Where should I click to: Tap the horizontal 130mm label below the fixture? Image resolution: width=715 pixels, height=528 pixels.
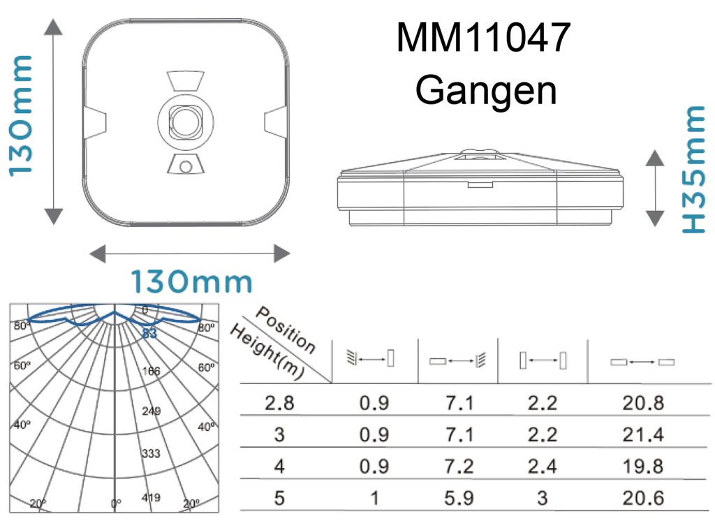(x=192, y=282)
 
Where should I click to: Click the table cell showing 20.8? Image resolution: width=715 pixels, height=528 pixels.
(x=643, y=404)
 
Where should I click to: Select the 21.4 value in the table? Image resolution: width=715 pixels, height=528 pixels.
(x=643, y=435)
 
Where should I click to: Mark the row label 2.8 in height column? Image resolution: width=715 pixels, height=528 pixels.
(x=279, y=404)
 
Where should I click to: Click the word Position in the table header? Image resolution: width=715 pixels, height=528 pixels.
(x=286, y=329)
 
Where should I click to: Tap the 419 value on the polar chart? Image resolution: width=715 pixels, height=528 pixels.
(x=151, y=498)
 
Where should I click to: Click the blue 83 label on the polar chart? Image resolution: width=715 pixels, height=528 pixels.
(x=149, y=334)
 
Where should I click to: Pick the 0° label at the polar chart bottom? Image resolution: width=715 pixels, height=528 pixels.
(x=117, y=503)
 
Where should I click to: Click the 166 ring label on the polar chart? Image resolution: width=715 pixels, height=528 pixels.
(x=151, y=371)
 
